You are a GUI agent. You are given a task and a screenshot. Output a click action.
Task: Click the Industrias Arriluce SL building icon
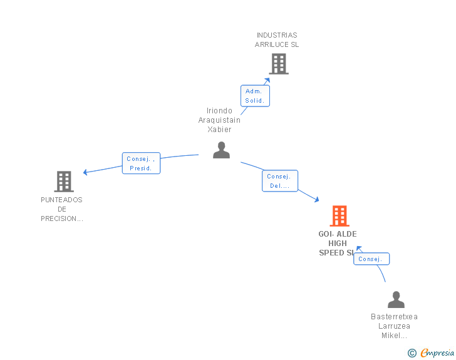pos(279,63)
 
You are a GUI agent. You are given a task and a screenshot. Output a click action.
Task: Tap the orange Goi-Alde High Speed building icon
pos(339,216)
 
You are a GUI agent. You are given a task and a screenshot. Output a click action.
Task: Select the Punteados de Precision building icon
pos(64,182)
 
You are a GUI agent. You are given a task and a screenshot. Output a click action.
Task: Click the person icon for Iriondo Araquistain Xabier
pos(221,150)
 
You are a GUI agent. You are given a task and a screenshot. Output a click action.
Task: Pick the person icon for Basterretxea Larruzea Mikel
pos(396,300)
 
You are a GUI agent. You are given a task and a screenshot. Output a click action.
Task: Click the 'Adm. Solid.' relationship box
pos(255,96)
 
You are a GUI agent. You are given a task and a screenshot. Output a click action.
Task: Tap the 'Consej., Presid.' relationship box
pos(141,163)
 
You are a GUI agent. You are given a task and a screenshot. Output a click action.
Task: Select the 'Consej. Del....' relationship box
pos(279,181)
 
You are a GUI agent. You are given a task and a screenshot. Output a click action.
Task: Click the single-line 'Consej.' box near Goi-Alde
pos(371,259)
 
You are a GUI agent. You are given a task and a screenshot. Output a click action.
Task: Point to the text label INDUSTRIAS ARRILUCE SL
pos(277,40)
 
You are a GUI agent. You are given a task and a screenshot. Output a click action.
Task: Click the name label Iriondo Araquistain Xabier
pos(219,120)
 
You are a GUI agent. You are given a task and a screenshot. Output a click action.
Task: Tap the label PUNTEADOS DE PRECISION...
pos(62,209)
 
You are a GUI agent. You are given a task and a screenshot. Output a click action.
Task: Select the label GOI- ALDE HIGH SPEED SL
pos(337,244)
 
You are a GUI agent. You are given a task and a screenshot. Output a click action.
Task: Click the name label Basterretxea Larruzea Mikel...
pos(394,326)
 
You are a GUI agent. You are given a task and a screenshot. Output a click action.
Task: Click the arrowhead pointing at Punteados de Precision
pos(85,172)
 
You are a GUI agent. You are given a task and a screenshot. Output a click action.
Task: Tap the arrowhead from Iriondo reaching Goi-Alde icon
pos(317,200)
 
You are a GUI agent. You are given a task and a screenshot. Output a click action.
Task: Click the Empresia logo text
pos(437,352)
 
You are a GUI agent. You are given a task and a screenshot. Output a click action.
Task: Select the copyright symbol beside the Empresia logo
pos(412,353)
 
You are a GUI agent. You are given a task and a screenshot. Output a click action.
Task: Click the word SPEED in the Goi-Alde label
pos(331,253)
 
